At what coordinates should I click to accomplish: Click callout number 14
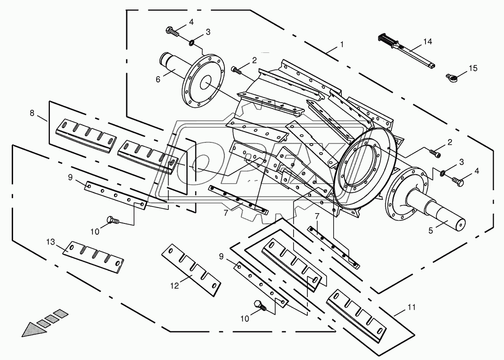428,42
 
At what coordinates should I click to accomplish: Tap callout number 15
473,68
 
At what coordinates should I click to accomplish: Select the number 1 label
342,45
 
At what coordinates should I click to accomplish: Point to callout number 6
158,79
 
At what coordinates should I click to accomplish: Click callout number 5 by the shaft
431,231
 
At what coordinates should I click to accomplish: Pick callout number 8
32,113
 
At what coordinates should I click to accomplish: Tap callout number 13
51,242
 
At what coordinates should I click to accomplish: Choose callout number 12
175,286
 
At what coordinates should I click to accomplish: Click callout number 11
412,307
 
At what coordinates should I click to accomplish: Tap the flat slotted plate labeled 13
93,257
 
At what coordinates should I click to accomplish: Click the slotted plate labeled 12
191,270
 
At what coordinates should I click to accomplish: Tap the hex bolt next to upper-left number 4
172,32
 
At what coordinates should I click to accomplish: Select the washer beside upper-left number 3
193,42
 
